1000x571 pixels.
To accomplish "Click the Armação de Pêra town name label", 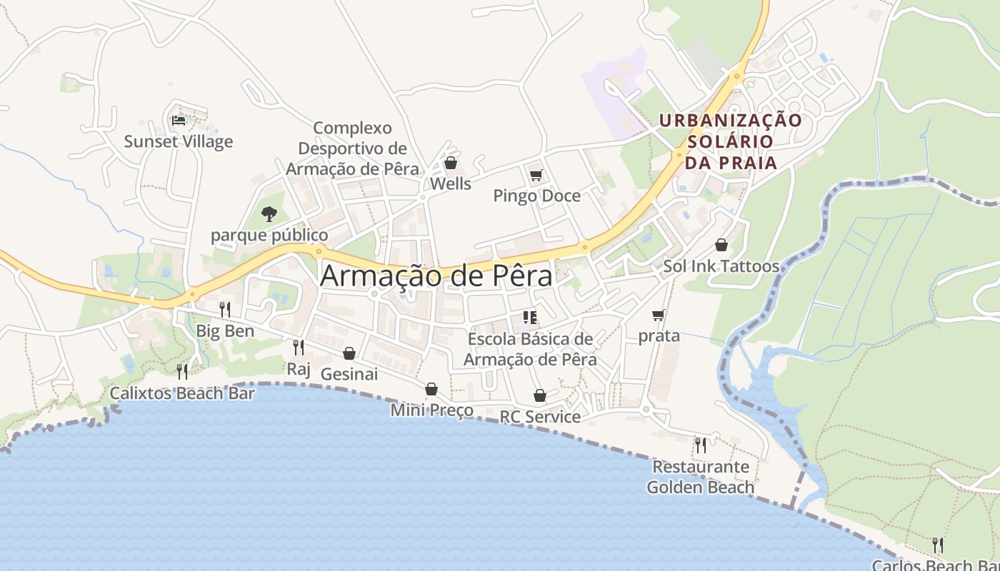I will [436, 276].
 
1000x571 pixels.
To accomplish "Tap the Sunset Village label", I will [179, 141].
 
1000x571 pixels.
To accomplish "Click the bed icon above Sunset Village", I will [179, 121].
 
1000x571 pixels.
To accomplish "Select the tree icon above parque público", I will [269, 213].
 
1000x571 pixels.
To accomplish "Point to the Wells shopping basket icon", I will [451, 163].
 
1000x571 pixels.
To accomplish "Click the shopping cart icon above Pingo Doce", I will [536, 175].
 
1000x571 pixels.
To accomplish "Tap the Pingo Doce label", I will [536, 196].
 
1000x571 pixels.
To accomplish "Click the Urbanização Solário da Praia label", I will [731, 141].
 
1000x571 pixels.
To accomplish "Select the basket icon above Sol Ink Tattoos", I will [721, 246].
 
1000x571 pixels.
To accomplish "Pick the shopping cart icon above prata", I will [659, 315].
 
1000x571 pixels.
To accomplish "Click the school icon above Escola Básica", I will [530, 317].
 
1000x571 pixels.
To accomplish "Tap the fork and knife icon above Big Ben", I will [225, 309].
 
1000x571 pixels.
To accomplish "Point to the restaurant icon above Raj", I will [299, 348].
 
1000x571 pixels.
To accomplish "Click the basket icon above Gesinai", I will [349, 353].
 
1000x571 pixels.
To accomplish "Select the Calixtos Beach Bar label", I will [182, 393].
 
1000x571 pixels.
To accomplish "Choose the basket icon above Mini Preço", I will [431, 389].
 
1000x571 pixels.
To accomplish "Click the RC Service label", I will [540, 416].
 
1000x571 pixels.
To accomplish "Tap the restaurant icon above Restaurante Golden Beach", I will [701, 445].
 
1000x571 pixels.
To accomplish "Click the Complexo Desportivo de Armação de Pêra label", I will [353, 148].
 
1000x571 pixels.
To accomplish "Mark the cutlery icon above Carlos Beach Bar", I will [938, 545].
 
